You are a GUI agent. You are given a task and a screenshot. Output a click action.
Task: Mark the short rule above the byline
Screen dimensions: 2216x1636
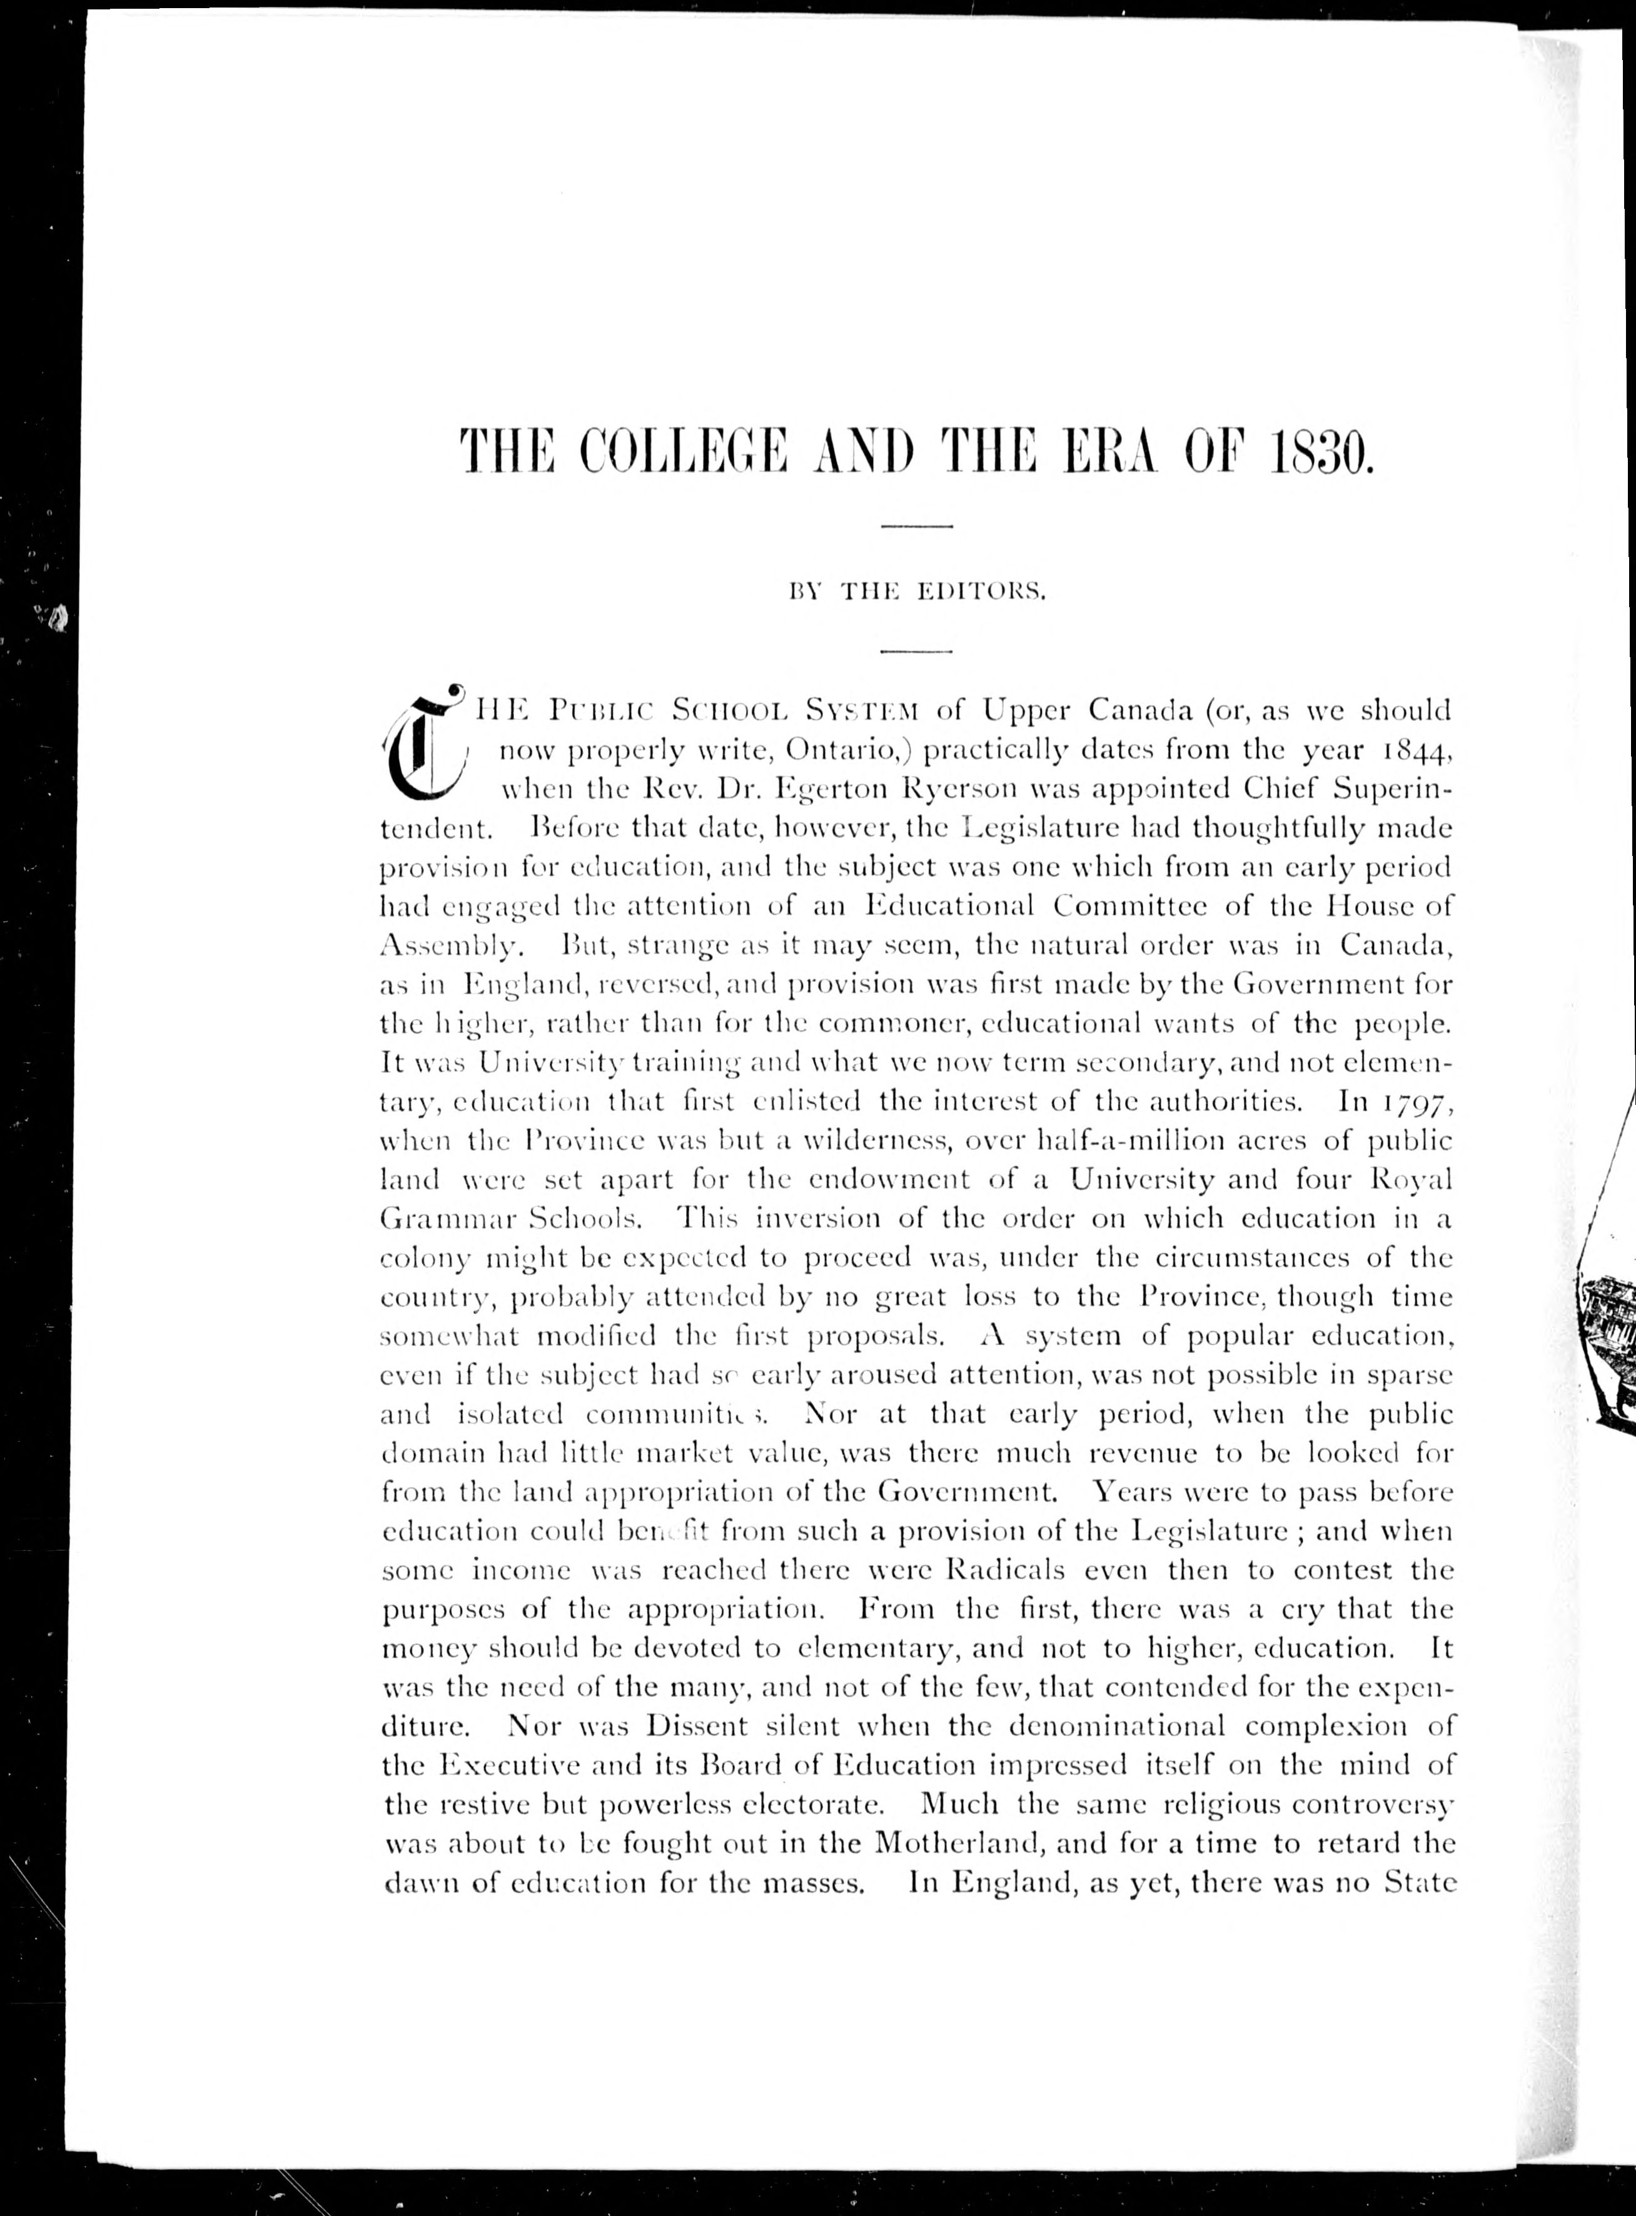click(x=916, y=526)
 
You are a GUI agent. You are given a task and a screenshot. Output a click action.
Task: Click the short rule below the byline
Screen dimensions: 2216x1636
click(x=916, y=652)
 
